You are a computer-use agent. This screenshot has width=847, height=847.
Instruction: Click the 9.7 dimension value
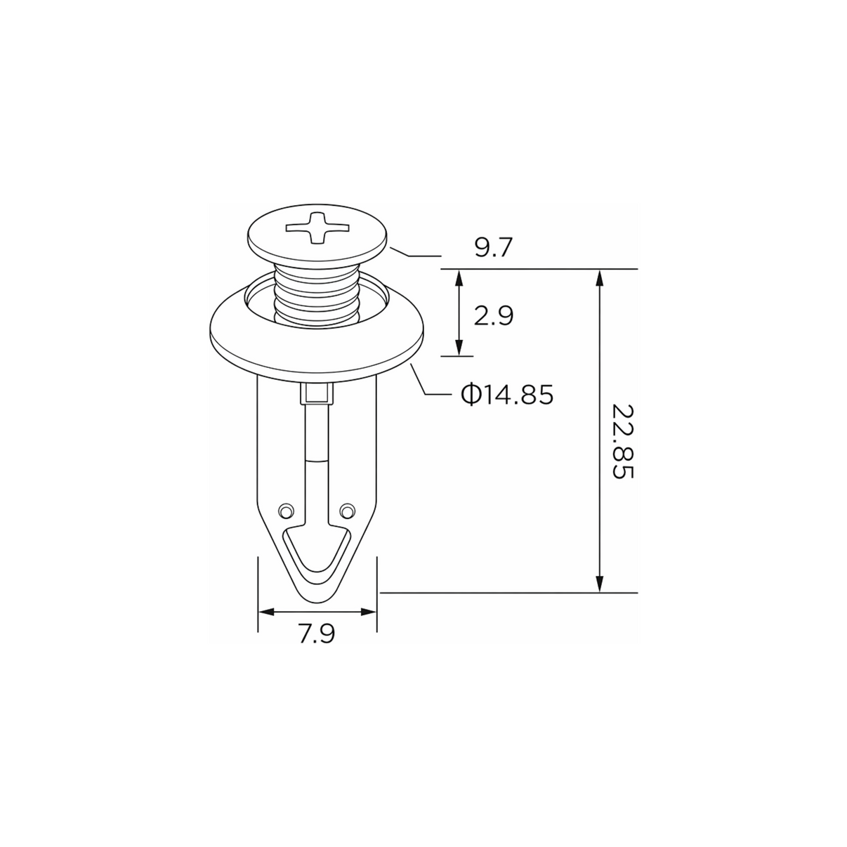pos(494,247)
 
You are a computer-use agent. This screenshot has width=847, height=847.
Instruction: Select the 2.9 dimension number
pos(494,315)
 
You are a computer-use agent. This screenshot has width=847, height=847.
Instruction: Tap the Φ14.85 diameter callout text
pos(507,394)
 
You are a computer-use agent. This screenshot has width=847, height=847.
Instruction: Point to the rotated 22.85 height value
pos(623,442)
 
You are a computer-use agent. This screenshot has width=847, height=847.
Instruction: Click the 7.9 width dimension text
pos(317,633)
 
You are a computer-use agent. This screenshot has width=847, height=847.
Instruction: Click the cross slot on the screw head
pos(317,228)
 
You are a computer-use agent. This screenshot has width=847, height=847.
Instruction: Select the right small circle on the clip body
pos(347,511)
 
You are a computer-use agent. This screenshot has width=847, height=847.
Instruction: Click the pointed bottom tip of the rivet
pos(317,603)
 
